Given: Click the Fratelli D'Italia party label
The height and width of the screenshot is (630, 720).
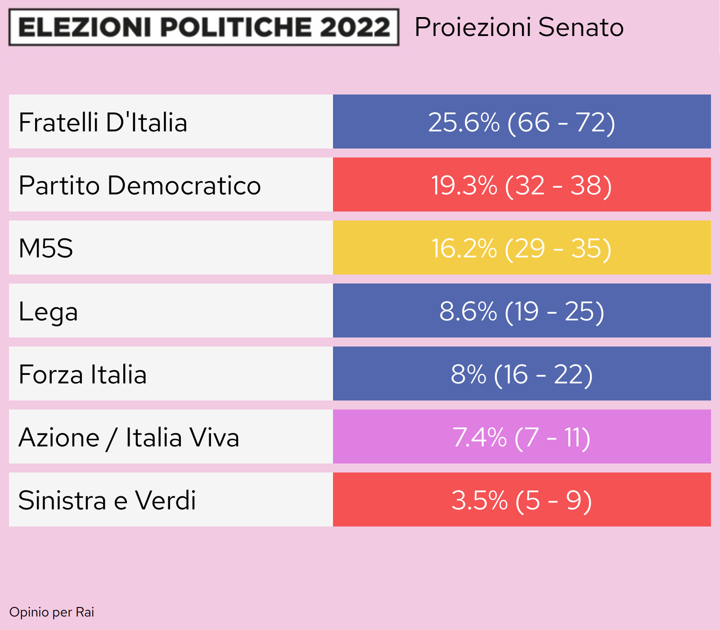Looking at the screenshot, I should pyautogui.click(x=103, y=122).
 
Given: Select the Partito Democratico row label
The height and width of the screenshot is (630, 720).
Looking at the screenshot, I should pyautogui.click(x=139, y=185).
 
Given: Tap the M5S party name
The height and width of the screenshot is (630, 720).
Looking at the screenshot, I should pyautogui.click(x=46, y=248).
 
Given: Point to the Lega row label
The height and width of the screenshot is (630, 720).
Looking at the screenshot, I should pyautogui.click(x=48, y=311).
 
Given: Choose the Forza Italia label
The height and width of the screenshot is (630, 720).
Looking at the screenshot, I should pyautogui.click(x=83, y=374).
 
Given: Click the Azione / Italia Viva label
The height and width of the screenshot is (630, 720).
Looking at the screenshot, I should pyautogui.click(x=129, y=437).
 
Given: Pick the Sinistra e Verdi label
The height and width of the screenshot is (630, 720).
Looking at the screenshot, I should pyautogui.click(x=107, y=500).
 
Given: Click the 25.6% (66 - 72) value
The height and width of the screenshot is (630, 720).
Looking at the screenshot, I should pyautogui.click(x=522, y=122).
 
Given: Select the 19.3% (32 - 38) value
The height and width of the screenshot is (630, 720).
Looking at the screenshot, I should pyautogui.click(x=522, y=185).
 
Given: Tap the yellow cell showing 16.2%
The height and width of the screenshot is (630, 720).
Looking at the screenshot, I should pyautogui.click(x=522, y=248).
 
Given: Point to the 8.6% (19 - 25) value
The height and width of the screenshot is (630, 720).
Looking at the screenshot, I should pyautogui.click(x=522, y=311).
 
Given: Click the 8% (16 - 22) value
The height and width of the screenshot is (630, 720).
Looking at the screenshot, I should pyautogui.click(x=522, y=374).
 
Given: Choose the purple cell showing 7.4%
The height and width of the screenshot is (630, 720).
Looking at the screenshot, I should pyautogui.click(x=522, y=437).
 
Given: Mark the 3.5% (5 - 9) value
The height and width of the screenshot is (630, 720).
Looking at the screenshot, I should pyautogui.click(x=522, y=500).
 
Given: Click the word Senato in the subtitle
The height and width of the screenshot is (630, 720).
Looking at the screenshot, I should pyautogui.click(x=581, y=27).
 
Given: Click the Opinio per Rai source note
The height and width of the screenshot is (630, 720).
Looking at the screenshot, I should pyautogui.click(x=52, y=612).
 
